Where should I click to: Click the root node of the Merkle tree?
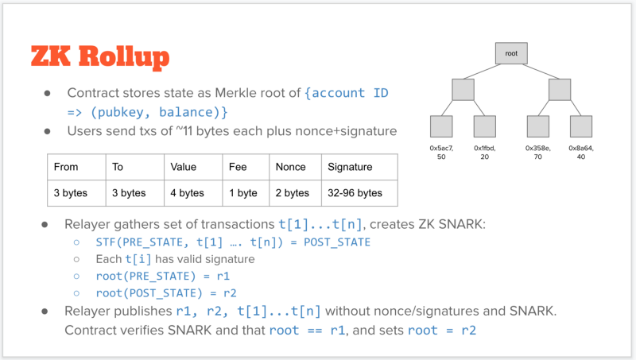[x=511, y=53]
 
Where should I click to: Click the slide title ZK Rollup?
[x=100, y=56]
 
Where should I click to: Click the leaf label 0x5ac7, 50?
[x=441, y=153]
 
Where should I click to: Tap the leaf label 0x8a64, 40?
[x=581, y=153]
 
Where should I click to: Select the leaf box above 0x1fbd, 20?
[x=485, y=126]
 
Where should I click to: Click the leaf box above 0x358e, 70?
[x=538, y=126]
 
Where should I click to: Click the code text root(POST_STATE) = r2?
[x=166, y=292]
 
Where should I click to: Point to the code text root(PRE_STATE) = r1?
[x=163, y=276]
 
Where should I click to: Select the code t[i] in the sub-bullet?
[x=138, y=259]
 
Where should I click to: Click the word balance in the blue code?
[x=186, y=112]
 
